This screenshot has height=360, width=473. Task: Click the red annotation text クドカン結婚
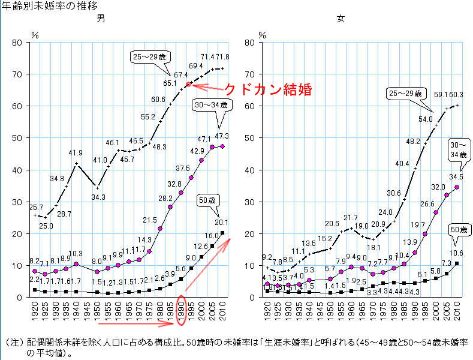268,89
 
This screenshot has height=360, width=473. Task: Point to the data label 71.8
222,56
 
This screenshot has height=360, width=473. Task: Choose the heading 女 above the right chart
341,19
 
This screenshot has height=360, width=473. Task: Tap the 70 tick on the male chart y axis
18,74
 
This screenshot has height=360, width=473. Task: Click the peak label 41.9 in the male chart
75,153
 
